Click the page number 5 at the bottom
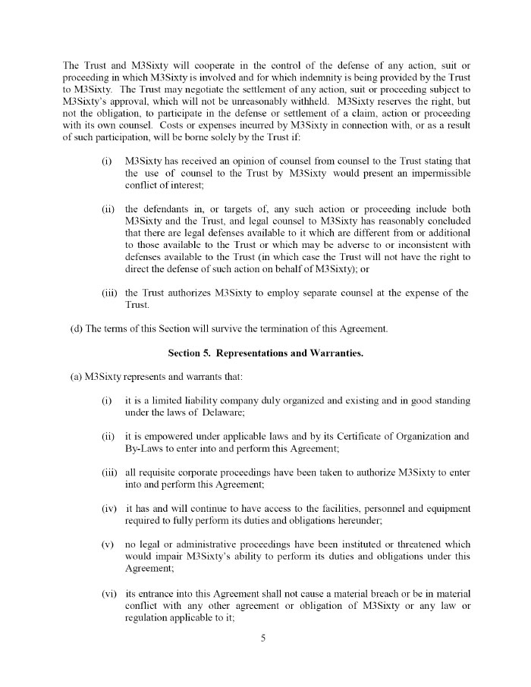263,638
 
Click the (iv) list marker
108,508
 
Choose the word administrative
200,544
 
